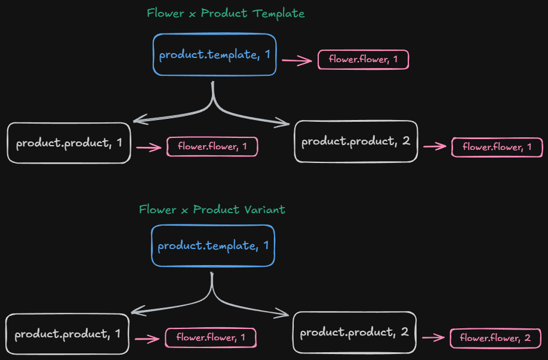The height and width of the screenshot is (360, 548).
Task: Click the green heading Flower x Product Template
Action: click(226, 14)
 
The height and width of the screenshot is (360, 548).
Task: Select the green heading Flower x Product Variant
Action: click(212, 210)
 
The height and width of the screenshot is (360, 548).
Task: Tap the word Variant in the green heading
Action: click(264, 210)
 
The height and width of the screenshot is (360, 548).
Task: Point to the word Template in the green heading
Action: click(279, 14)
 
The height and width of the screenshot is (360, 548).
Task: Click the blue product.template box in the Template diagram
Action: click(214, 55)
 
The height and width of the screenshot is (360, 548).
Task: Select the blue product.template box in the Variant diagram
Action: click(213, 245)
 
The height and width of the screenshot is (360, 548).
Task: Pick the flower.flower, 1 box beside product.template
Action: click(363, 60)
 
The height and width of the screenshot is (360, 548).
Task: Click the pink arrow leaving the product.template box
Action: click(297, 60)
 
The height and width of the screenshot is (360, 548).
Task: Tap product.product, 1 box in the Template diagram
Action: click(69, 143)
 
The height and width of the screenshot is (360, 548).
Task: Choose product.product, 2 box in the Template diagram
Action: click(356, 141)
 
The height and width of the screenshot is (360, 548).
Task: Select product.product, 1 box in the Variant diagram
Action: click(67, 334)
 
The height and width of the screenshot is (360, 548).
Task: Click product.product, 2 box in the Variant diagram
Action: click(355, 332)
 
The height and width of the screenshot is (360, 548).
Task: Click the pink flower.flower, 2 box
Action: click(495, 339)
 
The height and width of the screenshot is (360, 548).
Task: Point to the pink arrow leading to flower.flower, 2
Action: click(433, 338)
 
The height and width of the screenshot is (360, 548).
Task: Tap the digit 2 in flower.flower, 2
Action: click(527, 339)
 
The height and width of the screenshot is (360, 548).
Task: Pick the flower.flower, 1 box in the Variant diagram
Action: click(210, 338)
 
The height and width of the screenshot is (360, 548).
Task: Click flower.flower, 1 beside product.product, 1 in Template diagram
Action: click(212, 147)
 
